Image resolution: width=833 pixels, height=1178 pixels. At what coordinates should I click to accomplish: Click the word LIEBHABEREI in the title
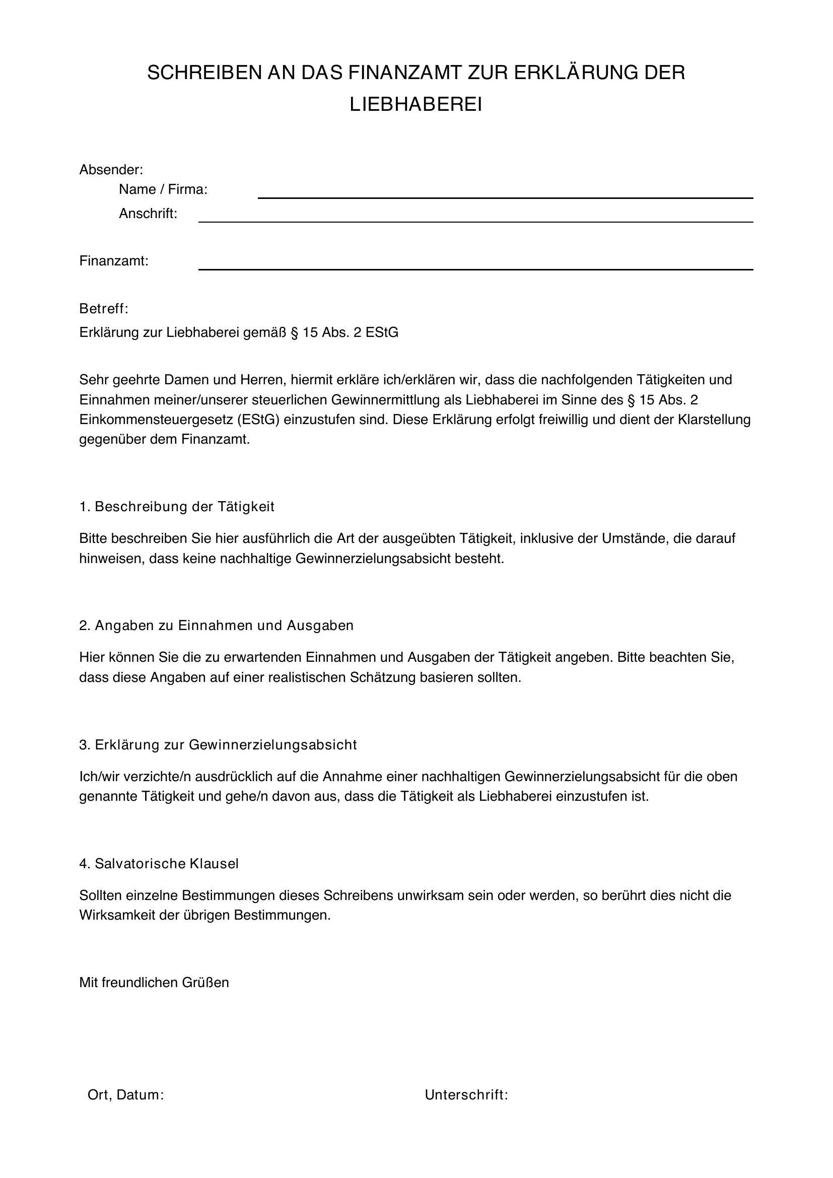[x=416, y=105]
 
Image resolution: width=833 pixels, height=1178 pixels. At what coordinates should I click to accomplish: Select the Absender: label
[x=111, y=169]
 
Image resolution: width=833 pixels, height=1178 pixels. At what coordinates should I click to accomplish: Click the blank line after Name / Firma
[x=505, y=196]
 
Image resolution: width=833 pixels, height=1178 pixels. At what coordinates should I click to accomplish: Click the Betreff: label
[x=104, y=309]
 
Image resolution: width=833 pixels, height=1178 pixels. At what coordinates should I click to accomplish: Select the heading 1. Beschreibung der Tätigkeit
[x=177, y=507]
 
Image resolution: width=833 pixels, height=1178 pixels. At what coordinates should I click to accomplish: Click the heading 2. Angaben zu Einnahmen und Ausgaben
[x=217, y=626]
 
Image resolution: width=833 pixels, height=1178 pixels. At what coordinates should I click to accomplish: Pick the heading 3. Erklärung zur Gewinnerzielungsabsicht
[x=218, y=744]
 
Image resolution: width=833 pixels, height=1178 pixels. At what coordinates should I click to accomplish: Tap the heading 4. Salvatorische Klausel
[x=159, y=864]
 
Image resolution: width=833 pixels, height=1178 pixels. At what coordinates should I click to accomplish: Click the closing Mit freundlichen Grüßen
[x=154, y=983]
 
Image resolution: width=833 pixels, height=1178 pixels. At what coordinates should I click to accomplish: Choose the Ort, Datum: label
[x=126, y=1095]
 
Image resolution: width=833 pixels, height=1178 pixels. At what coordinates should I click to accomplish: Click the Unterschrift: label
[x=466, y=1095]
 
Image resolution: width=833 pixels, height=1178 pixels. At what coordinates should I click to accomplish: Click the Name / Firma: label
[x=163, y=190]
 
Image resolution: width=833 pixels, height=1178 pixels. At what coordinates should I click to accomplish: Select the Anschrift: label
[x=148, y=214]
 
